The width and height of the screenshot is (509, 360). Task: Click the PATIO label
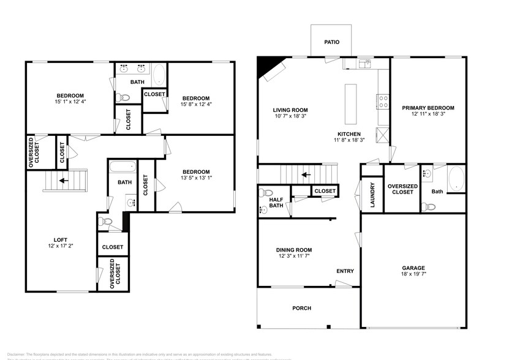click(x=332, y=42)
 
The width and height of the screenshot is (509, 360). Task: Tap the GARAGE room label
click(x=413, y=268)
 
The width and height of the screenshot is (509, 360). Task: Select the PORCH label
click(x=301, y=308)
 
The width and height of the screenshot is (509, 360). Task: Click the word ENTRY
click(x=345, y=271)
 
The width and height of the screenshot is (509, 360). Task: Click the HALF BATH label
click(x=276, y=201)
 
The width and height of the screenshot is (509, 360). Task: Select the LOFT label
click(x=60, y=239)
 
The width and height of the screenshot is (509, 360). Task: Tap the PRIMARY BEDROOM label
click(x=428, y=108)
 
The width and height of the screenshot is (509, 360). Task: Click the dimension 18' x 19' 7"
click(x=413, y=276)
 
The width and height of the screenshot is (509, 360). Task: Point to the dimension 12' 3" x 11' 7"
click(x=293, y=257)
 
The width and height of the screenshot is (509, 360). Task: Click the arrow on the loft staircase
click(x=64, y=181)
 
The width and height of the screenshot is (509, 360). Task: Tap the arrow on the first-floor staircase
click(x=306, y=174)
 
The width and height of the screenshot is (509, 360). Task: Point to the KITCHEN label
click(x=349, y=133)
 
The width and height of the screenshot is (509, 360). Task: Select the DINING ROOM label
click(x=293, y=250)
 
